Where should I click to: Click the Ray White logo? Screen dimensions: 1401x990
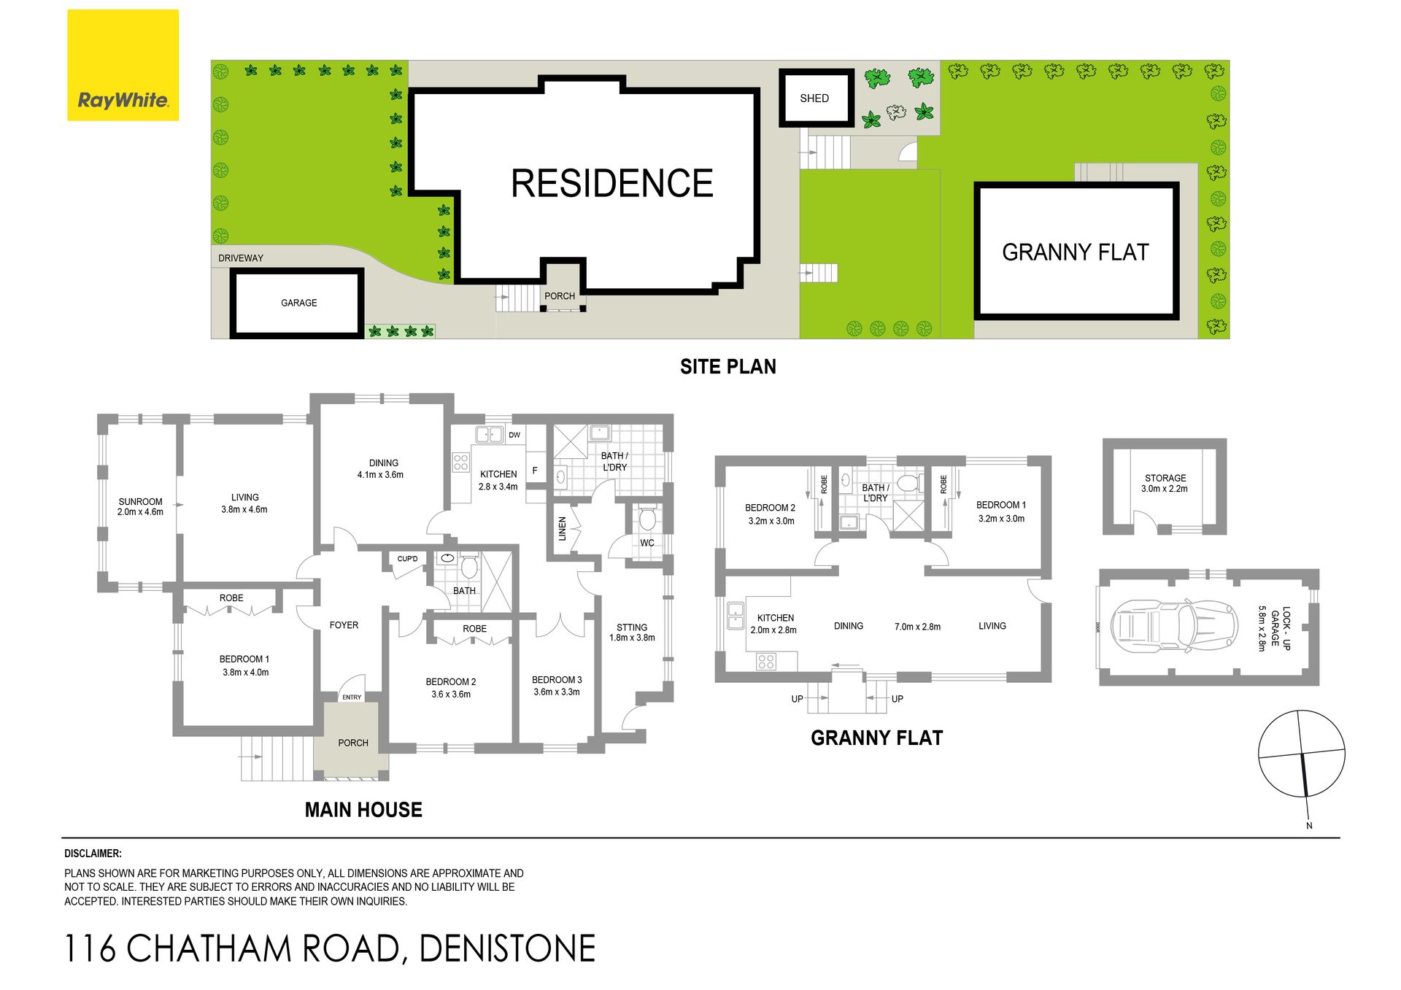123,65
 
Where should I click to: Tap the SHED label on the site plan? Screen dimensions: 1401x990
814,98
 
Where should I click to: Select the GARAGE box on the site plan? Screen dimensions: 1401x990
297,303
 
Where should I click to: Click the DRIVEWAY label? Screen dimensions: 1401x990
241,258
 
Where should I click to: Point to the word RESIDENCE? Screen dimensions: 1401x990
611,183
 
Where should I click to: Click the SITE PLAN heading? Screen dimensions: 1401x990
727,367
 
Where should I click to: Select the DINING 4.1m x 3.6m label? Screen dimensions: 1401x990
381,468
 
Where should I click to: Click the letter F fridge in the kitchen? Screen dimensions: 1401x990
535,471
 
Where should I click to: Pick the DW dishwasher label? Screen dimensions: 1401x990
514,436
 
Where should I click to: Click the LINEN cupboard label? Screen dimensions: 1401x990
562,528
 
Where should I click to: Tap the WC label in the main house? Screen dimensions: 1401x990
647,543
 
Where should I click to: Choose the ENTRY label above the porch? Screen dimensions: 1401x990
352,697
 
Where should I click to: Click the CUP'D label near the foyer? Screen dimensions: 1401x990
408,560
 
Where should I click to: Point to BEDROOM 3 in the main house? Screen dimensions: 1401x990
557,680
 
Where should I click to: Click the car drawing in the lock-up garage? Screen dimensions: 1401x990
1174,626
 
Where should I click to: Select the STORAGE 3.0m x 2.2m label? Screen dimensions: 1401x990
1165,484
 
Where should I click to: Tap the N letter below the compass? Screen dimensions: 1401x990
1309,826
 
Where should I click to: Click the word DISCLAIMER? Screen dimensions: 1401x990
93,854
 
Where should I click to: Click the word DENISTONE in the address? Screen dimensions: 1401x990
507,948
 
